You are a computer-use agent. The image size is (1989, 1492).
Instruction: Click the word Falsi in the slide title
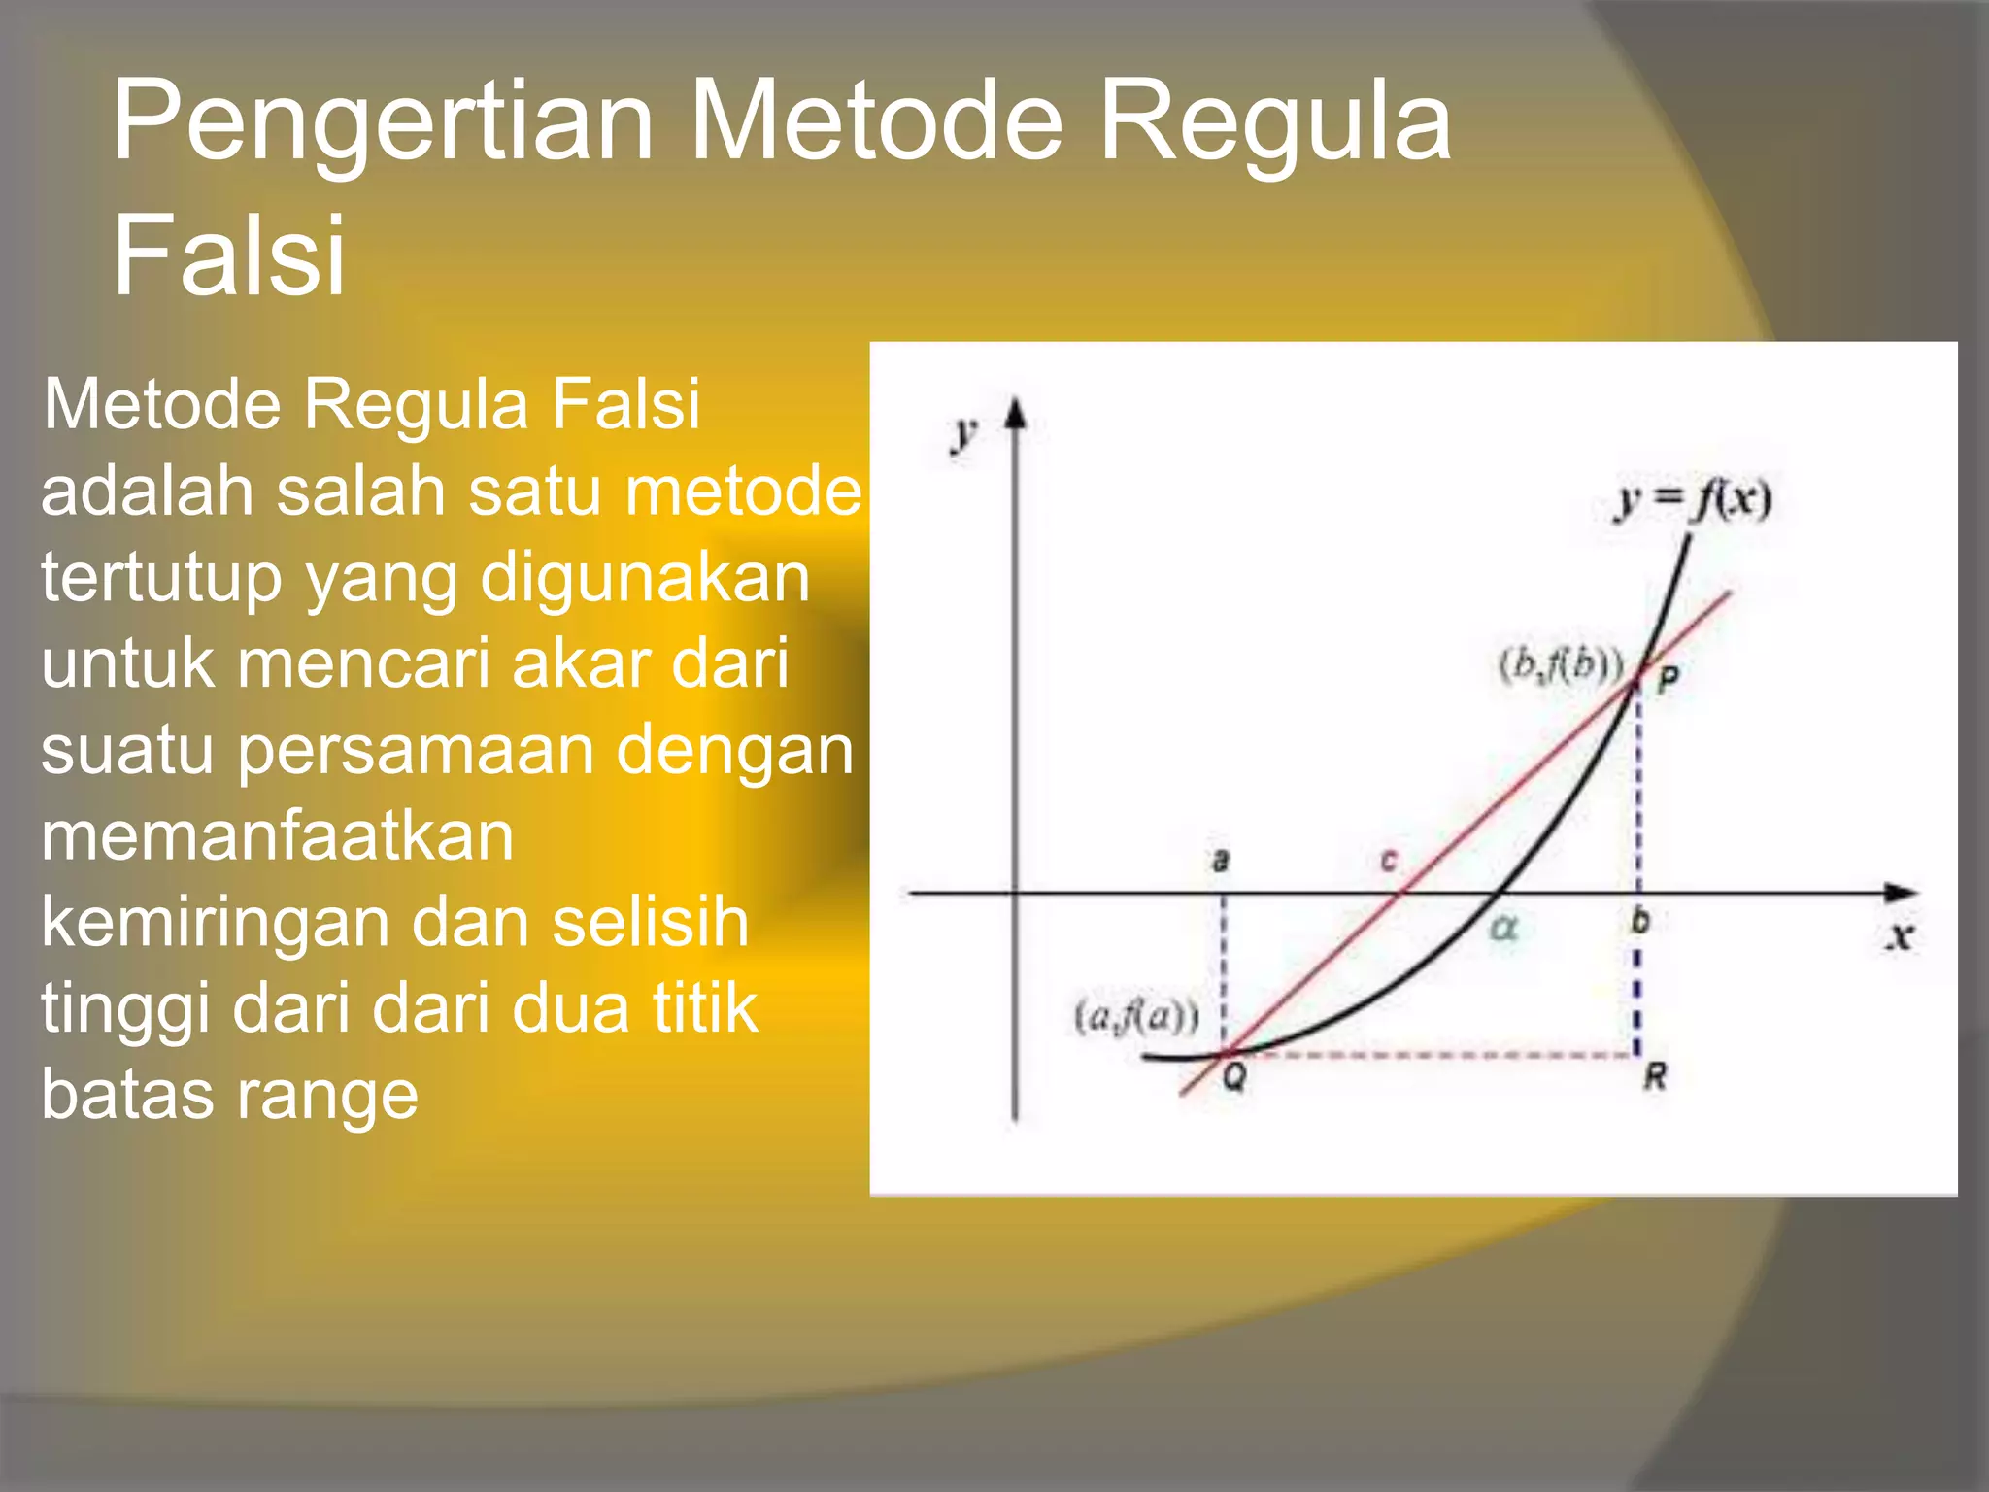click(x=229, y=255)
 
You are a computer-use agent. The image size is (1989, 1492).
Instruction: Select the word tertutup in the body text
click(x=160, y=579)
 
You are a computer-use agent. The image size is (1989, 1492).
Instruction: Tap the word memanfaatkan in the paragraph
click(x=277, y=836)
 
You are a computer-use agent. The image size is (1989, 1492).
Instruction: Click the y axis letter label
click(x=962, y=433)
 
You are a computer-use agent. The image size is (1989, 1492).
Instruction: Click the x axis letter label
click(x=1900, y=936)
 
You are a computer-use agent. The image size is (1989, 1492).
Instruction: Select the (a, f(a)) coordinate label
click(x=1136, y=1016)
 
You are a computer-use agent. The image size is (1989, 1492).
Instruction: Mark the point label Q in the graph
click(x=1233, y=1076)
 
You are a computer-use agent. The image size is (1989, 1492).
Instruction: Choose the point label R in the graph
click(x=1655, y=1076)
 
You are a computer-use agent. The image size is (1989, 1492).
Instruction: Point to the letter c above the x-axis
click(x=1389, y=861)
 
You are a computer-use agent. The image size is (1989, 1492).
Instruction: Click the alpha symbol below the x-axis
click(x=1502, y=929)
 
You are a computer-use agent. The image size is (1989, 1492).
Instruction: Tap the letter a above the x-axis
click(x=1221, y=860)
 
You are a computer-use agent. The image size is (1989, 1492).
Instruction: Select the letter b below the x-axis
click(x=1639, y=920)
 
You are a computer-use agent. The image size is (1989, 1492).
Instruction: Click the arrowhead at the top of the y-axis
click(x=1015, y=414)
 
